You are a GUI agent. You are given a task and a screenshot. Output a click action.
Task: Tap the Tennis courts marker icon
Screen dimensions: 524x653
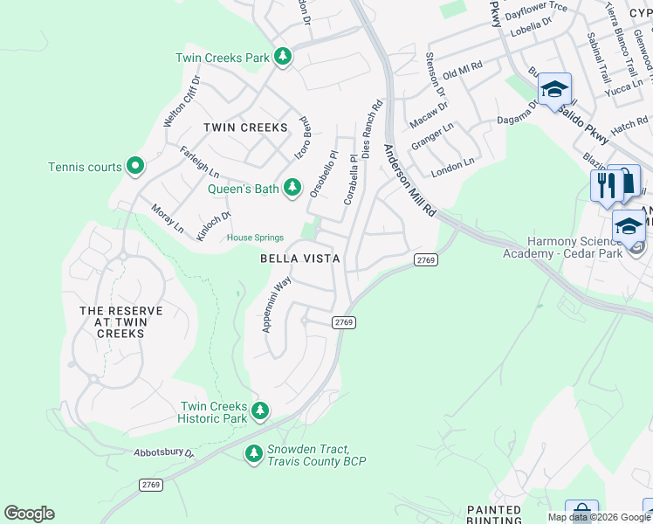(x=134, y=165)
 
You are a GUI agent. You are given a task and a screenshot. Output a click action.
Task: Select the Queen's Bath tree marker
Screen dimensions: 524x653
(x=294, y=189)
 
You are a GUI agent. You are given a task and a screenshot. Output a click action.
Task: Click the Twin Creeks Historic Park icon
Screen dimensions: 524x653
(x=259, y=410)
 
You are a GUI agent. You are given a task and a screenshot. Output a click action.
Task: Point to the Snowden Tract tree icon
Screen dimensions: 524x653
(x=253, y=453)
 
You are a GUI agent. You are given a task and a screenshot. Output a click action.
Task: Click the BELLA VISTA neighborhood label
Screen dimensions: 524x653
(x=299, y=259)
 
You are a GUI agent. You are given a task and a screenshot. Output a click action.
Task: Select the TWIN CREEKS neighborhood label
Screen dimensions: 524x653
(x=245, y=128)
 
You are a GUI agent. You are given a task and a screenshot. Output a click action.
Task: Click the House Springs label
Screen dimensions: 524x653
(x=255, y=238)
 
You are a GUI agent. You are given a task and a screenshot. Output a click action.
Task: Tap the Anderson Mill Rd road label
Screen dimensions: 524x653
(x=409, y=181)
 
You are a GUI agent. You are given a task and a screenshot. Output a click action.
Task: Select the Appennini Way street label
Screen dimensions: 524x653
(x=277, y=304)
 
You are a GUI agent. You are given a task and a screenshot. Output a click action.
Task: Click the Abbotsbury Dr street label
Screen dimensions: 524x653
(x=137, y=454)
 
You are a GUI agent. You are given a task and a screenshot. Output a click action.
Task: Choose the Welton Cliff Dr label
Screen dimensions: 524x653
(x=182, y=101)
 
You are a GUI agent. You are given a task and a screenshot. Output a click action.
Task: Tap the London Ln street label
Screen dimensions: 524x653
(x=453, y=162)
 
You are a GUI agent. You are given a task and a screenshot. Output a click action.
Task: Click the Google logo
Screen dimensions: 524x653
(x=30, y=514)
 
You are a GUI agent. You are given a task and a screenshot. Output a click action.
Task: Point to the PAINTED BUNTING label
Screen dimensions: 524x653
(x=494, y=514)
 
